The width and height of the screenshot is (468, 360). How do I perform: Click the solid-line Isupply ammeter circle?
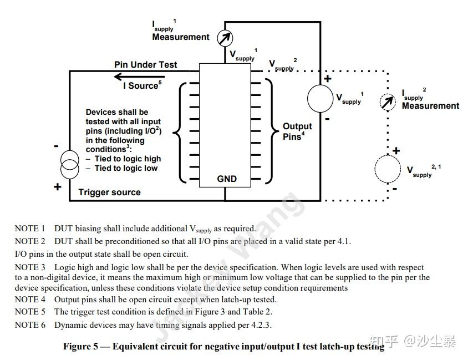[x=225, y=38]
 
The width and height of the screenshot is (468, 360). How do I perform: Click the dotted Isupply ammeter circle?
[x=387, y=102]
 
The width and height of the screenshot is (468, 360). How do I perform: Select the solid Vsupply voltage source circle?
[x=321, y=99]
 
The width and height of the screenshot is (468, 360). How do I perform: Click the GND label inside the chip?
[x=227, y=179]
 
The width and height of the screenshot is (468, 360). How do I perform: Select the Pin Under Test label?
[x=146, y=64]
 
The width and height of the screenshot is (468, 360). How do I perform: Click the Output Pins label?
[x=297, y=131]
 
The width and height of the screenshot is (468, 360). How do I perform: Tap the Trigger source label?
[x=109, y=192]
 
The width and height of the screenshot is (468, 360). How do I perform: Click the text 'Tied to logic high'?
[x=128, y=159]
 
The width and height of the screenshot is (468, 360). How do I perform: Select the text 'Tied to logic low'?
[x=126, y=168]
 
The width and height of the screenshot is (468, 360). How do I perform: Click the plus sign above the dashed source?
[x=396, y=150]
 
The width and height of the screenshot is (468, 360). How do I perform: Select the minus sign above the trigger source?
[x=57, y=146]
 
